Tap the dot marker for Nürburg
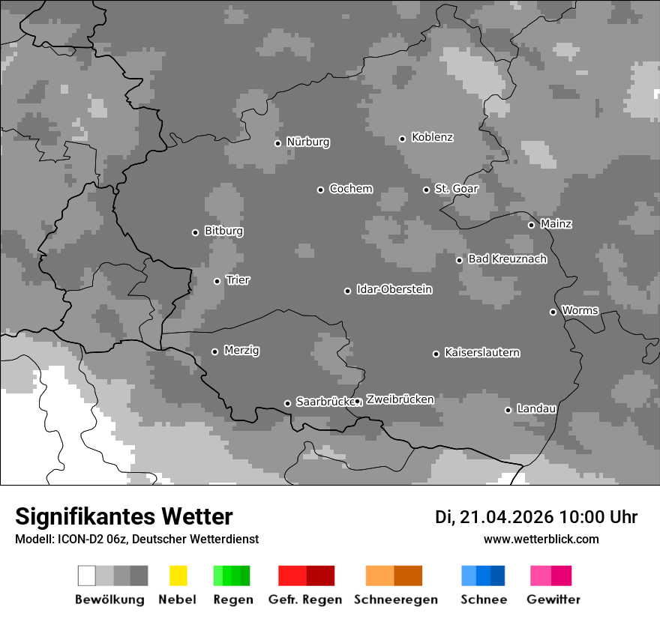tap(277, 143)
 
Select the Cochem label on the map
tap(351, 189)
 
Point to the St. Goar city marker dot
tap(426, 190)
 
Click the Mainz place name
tap(556, 223)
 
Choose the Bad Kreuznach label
tap(507, 259)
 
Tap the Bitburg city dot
tap(195, 232)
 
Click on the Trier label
tap(238, 280)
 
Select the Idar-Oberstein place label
tap(394, 289)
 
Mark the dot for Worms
tap(553, 312)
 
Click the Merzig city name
tap(241, 350)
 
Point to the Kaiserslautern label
tap(481, 352)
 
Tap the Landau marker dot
tap(508, 410)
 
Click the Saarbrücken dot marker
tap(287, 403)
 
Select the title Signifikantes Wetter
tap(124, 516)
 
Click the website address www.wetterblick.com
tap(541, 539)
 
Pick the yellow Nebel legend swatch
tap(178, 576)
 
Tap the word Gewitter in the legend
tap(553, 600)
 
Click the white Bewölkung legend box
tap(87, 576)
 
